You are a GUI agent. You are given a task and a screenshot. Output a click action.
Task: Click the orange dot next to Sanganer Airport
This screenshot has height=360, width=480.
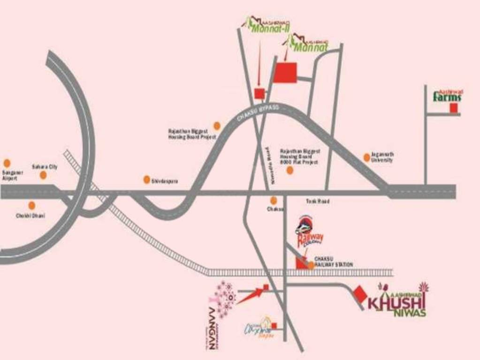click(x=7, y=163)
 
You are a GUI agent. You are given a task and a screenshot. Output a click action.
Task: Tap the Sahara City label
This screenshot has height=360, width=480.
click(x=45, y=167)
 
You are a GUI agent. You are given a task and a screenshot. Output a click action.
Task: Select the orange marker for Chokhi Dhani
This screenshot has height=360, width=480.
click(x=32, y=205)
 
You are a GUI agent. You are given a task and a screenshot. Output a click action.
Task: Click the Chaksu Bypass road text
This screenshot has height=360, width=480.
click(x=258, y=113)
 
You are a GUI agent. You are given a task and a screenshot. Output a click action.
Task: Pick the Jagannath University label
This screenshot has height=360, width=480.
click(x=382, y=157)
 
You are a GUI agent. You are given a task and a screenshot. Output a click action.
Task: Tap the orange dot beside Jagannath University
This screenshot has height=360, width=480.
click(x=366, y=157)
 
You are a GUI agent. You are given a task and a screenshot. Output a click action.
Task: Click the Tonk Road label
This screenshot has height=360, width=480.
click(x=317, y=201)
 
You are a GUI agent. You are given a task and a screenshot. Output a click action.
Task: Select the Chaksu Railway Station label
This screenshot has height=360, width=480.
click(x=333, y=262)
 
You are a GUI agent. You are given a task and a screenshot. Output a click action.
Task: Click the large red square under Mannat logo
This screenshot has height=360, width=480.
click(x=285, y=73)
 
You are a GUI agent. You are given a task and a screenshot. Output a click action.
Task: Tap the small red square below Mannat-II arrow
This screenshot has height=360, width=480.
click(x=259, y=93)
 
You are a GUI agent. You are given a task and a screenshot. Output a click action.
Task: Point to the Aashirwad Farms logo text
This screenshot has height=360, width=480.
click(x=447, y=97)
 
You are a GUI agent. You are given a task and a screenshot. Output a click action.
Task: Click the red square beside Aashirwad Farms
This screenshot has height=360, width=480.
click(x=453, y=108)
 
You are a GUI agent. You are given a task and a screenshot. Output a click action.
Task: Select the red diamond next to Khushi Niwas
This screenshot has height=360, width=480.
click(x=361, y=294)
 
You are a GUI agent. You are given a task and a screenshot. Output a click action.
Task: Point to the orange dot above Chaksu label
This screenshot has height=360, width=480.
click(x=274, y=201)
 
